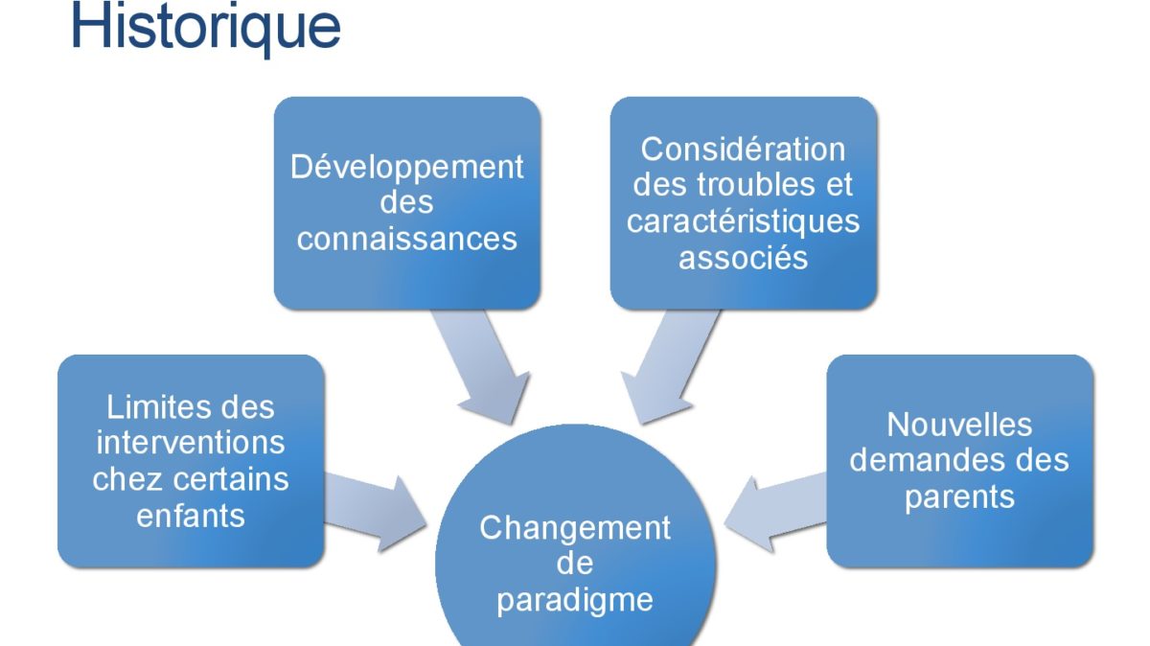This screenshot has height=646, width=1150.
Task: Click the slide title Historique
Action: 205,28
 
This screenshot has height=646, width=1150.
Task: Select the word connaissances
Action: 406,239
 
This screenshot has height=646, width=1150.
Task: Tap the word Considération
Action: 743,150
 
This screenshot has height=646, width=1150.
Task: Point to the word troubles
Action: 756,184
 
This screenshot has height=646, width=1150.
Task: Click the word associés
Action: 743,257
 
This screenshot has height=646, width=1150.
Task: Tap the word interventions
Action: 191,443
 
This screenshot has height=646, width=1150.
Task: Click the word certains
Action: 231,479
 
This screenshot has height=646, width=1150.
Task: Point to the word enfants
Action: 191,516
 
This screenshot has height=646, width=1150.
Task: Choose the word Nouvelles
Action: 959,425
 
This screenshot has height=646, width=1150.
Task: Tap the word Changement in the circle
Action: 574,529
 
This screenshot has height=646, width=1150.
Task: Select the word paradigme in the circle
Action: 574,601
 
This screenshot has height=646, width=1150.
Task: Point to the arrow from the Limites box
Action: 376,514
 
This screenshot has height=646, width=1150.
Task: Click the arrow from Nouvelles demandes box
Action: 775,514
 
